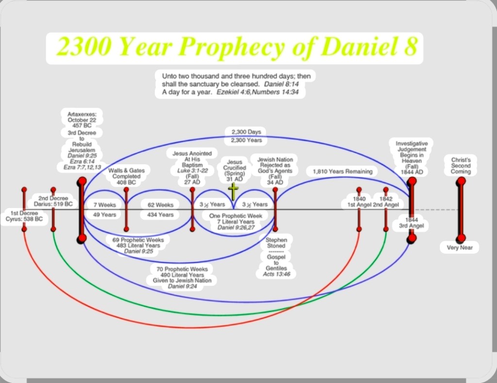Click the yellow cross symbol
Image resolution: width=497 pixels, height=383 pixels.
pos(233,191)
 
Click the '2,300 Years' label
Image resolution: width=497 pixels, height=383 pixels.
pos(246,140)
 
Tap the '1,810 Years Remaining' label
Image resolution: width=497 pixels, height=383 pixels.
pos(342,172)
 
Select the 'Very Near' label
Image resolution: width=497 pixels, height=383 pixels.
pos(460,247)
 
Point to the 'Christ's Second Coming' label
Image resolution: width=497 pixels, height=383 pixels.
pos(461,166)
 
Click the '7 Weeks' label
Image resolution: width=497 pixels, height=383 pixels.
pos(105,205)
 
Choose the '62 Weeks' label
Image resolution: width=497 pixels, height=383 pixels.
pos(160,205)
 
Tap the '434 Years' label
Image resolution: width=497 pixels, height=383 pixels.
pos(160,215)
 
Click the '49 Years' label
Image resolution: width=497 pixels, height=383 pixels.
pos(105,215)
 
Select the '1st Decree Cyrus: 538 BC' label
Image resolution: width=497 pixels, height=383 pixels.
pos(24,216)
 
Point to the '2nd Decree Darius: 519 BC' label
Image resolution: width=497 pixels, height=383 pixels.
pos(53,201)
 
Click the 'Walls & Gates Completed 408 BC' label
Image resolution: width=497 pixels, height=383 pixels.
pos(126,176)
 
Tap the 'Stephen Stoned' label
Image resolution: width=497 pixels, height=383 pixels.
pos(276,243)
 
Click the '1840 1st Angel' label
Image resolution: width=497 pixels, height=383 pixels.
pos(359,202)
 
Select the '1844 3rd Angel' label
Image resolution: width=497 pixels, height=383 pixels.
pos(412,223)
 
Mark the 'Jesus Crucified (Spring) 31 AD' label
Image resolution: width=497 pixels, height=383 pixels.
pos(234,171)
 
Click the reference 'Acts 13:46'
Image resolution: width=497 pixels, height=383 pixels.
pos(276,274)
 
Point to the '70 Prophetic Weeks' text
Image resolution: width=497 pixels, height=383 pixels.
pos(182,269)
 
